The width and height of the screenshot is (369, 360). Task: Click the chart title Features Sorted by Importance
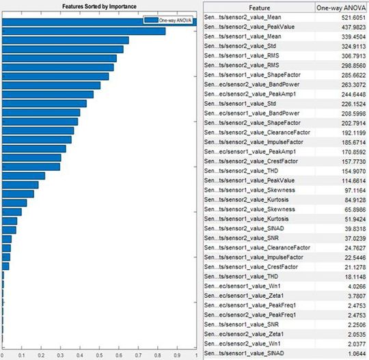pos(99,5)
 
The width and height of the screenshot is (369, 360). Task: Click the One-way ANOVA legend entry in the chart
pos(173,22)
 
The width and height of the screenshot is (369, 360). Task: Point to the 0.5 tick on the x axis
pos(100,355)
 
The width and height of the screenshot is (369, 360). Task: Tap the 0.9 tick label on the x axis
pos(178,355)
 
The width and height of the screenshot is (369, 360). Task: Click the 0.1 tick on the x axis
pos(23,355)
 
